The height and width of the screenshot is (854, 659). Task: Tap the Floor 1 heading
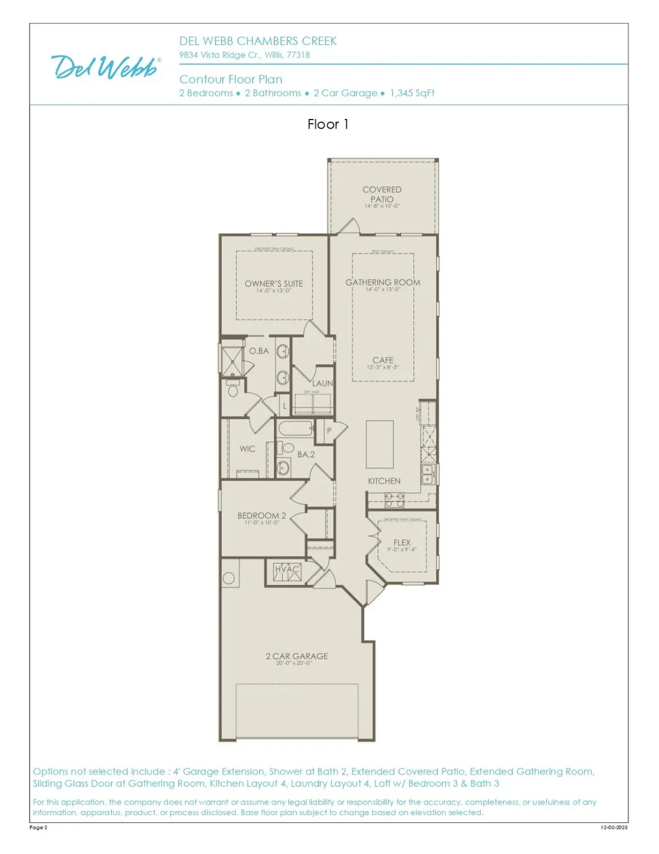point(328,124)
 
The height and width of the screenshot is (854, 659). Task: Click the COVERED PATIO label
point(382,194)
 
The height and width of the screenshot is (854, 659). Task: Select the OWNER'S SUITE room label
point(274,284)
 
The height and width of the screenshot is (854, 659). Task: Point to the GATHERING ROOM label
point(383,282)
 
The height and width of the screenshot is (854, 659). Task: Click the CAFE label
point(383,360)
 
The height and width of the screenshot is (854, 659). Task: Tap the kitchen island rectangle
point(380,444)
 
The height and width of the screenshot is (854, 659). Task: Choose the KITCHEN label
point(384,481)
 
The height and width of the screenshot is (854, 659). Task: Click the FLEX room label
point(402,543)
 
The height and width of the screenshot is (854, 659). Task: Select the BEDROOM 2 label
point(262,516)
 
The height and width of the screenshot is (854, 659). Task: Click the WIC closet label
point(248,449)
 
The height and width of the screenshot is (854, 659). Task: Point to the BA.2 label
point(306,454)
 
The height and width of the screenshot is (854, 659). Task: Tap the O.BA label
point(259,351)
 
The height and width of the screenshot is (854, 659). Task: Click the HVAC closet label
point(287,569)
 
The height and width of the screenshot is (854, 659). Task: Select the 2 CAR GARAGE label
point(296,656)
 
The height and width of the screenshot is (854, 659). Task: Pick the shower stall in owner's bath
point(233,358)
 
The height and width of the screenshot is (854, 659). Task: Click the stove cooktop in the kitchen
point(394,500)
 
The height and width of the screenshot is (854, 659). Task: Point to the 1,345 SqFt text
point(412,93)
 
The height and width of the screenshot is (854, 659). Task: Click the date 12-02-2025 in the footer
point(614,827)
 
